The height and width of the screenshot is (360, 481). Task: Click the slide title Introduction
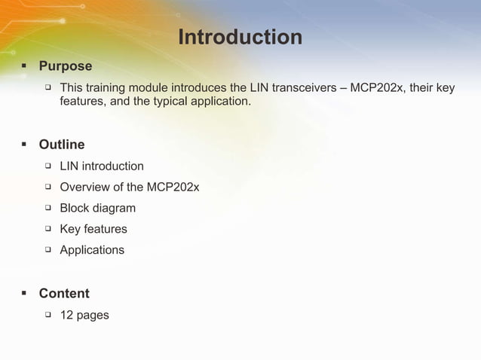click(240, 37)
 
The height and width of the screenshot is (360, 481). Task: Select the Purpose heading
click(65, 66)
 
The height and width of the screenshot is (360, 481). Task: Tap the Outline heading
click(62, 144)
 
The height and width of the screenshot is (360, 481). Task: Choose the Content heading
click(64, 293)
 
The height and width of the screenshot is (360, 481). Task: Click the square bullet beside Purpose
click(23, 66)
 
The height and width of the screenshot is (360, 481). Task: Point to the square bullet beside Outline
click(23, 144)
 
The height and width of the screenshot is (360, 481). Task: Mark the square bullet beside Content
click(23, 293)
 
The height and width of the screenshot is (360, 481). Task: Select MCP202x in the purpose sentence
click(380, 88)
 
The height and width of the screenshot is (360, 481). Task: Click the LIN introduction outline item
click(102, 166)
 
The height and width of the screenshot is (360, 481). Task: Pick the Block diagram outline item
click(98, 208)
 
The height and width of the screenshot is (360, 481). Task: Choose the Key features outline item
click(93, 229)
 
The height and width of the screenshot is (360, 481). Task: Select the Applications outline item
click(92, 249)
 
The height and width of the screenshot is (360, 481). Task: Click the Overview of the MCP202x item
click(130, 187)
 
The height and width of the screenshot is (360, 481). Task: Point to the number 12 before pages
click(66, 315)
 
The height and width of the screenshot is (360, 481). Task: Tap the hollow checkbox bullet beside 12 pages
click(47, 314)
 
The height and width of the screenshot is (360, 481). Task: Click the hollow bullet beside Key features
click(47, 228)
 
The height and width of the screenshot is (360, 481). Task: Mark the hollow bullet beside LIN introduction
click(47, 165)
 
